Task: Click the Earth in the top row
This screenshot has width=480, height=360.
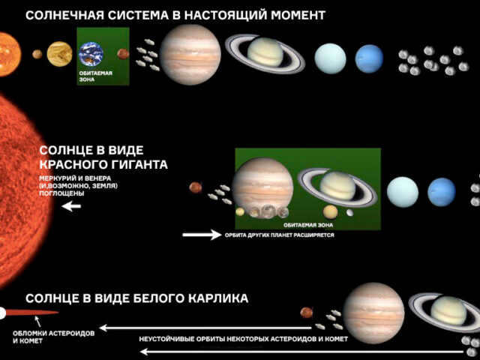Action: pos(91,54)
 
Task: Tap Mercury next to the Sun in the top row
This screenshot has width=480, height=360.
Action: pos(37,54)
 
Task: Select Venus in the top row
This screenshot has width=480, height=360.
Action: pos(59,54)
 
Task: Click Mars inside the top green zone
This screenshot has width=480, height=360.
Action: pos(123,54)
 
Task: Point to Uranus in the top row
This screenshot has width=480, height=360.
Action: pos(330,58)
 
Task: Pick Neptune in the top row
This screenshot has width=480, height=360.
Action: pos(369,58)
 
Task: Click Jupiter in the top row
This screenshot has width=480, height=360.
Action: pos(190,55)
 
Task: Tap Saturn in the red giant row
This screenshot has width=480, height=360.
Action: pos(337,187)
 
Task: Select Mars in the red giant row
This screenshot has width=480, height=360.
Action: pos(195,187)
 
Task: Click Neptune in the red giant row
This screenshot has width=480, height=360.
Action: pos(442,192)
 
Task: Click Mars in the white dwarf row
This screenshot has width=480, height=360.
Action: pos(307,313)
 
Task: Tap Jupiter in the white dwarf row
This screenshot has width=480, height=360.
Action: pos(373,313)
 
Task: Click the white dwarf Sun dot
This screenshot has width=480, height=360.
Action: pos(1,313)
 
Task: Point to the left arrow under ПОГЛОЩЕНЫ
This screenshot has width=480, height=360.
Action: pos(71,206)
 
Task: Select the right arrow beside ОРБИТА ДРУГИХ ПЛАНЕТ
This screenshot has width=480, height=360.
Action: pos(202,235)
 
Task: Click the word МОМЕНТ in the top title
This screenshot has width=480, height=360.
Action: pos(298,15)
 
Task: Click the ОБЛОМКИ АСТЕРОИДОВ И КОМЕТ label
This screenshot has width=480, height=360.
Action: pos(53,337)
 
